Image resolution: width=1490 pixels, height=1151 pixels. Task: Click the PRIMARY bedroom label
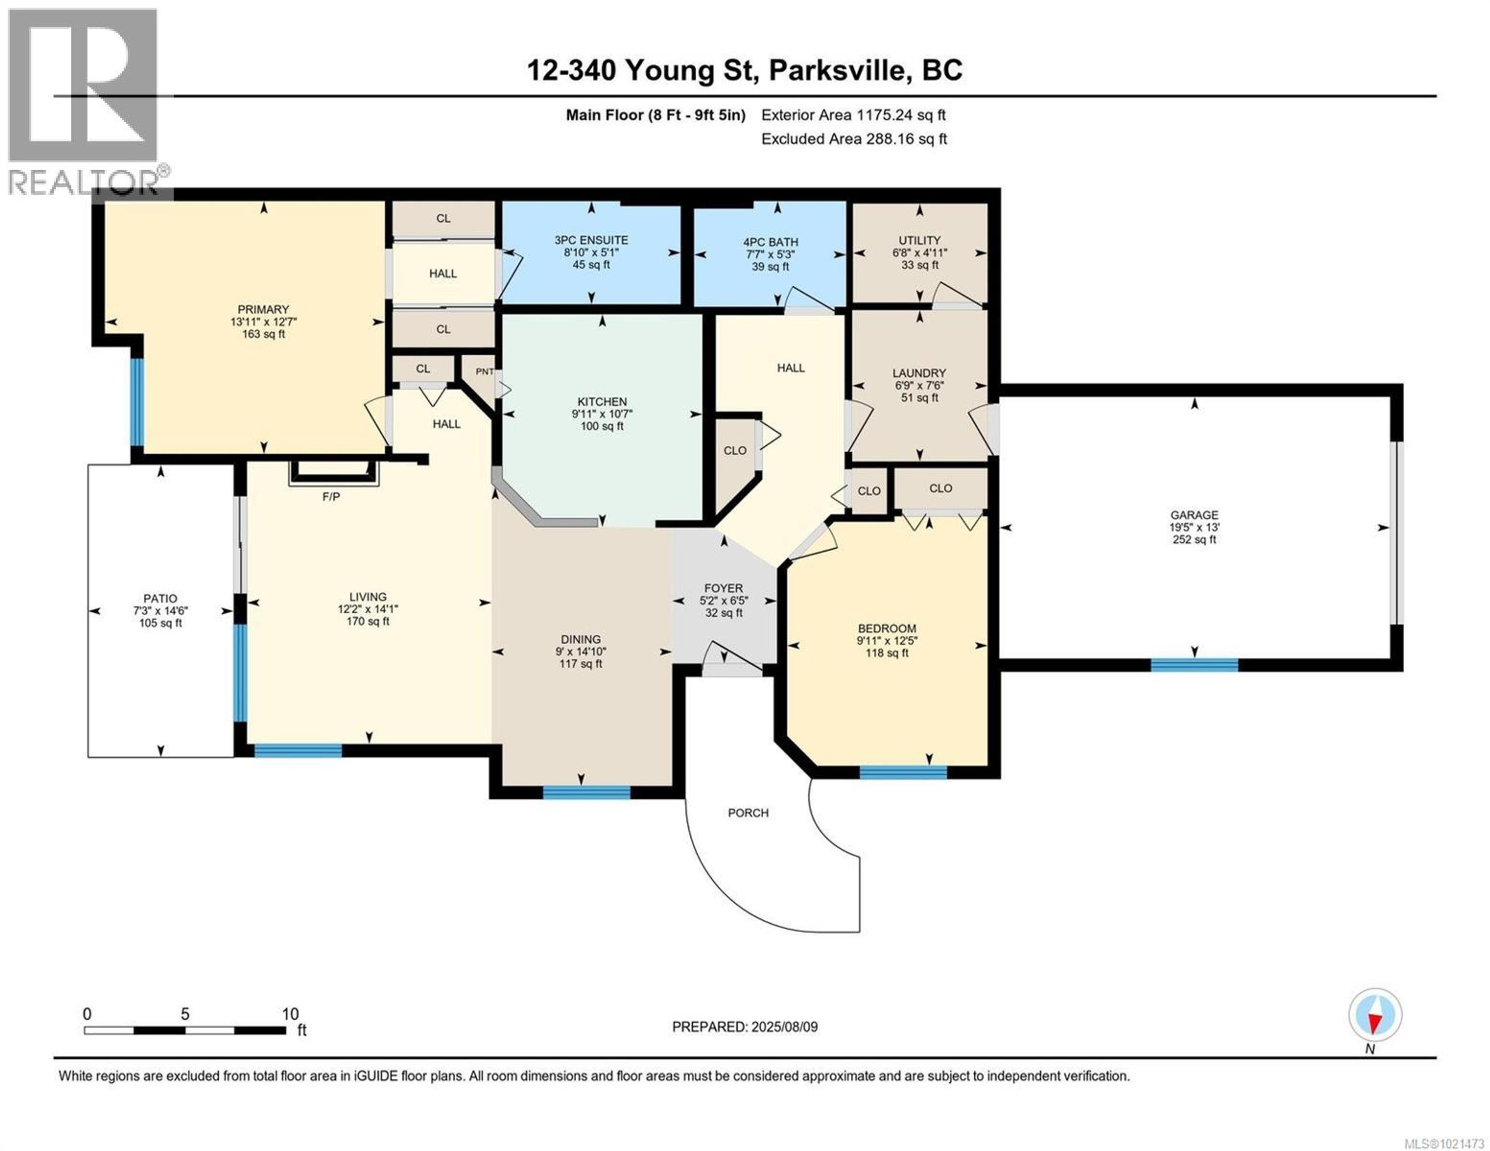tap(263, 309)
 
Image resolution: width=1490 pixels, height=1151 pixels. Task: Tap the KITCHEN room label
tap(602, 402)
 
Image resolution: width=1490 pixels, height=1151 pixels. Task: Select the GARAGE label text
tap(1194, 515)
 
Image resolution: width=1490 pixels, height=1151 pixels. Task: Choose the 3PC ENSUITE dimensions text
tap(591, 253)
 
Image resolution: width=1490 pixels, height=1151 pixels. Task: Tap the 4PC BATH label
tap(770, 242)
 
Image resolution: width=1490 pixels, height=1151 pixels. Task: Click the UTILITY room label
tap(919, 240)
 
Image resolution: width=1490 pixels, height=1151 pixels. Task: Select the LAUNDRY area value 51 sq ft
tap(919, 398)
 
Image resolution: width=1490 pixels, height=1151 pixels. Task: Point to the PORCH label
tap(748, 813)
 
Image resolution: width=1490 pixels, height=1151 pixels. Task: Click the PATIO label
tap(160, 598)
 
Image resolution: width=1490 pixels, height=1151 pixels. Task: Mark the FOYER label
tap(723, 588)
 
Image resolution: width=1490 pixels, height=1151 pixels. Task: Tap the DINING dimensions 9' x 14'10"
tap(580, 652)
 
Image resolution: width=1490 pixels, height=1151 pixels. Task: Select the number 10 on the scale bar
tap(291, 1014)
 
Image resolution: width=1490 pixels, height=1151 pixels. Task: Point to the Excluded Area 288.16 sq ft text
tap(854, 139)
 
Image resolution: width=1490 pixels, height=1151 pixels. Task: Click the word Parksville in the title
tap(840, 70)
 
